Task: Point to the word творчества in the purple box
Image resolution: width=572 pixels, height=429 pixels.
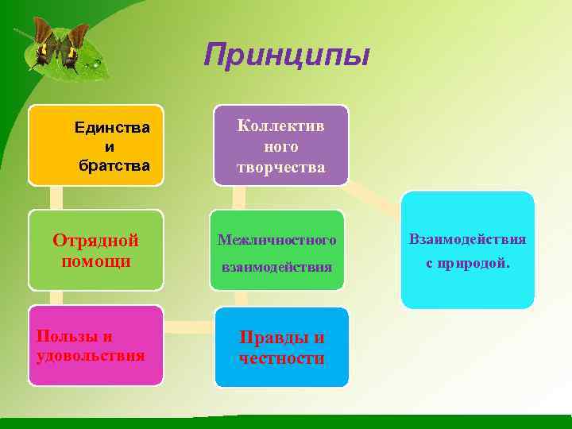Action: point(280,167)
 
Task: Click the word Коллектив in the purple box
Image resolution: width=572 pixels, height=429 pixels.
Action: point(281,126)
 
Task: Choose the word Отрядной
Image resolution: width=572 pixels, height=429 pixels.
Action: point(95,240)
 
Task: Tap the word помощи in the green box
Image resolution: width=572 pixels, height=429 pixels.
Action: point(95,261)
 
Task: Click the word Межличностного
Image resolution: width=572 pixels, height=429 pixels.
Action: point(276,239)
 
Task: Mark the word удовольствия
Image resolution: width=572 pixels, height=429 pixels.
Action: point(91,355)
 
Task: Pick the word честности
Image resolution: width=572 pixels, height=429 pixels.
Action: point(281,358)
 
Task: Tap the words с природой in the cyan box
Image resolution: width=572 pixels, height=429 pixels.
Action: point(467,264)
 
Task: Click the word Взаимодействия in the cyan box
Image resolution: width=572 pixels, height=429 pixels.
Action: point(467,238)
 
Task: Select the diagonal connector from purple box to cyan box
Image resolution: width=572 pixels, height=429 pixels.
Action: point(373,199)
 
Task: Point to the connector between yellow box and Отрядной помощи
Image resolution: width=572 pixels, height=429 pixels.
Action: point(56,198)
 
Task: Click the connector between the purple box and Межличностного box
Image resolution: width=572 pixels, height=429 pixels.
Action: point(238,198)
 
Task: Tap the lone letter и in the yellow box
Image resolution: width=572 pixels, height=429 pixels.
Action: point(109,146)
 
